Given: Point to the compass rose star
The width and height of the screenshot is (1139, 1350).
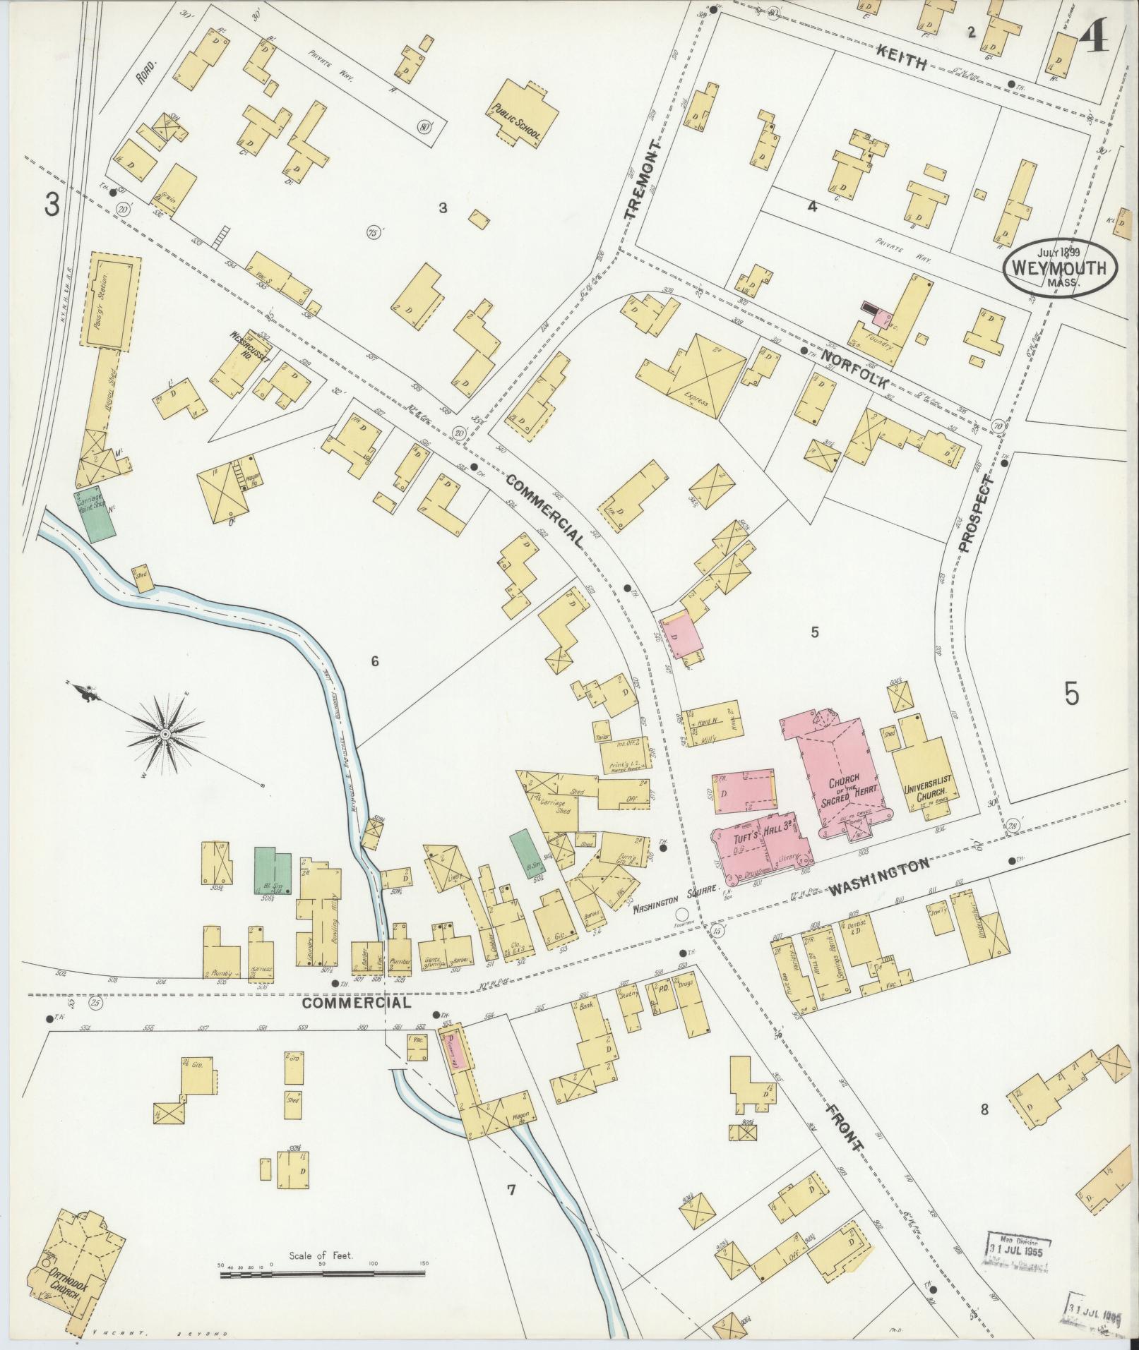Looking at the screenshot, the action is tap(165, 735).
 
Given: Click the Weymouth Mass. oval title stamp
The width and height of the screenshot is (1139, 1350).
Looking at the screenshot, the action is tap(1061, 269).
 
